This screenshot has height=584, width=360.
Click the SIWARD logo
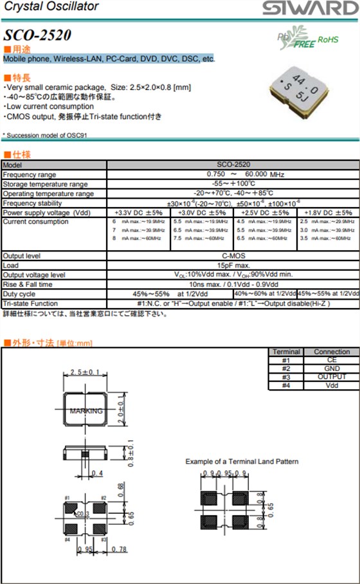tap(309, 8)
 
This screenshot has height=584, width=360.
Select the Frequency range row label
tap(30, 174)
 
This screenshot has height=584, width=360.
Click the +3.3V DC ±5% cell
tap(138, 212)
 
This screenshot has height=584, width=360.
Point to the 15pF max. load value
tap(233, 265)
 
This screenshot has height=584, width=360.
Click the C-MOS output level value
tap(233, 255)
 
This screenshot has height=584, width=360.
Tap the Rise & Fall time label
tap(28, 284)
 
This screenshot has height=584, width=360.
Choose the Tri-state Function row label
tap(30, 303)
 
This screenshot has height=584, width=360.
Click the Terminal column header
tap(286, 352)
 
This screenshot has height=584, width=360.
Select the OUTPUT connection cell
tap(332, 377)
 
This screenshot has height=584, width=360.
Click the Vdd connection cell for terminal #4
tap(332, 385)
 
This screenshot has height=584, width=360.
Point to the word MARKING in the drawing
tap(85, 410)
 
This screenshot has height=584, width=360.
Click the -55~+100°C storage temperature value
tap(233, 184)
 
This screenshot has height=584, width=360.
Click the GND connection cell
tap(332, 369)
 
